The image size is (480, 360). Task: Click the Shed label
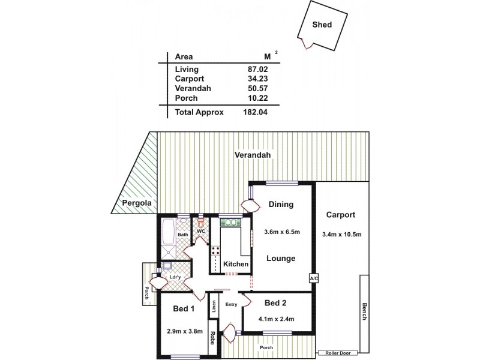[323, 25]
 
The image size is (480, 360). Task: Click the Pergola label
[136, 203]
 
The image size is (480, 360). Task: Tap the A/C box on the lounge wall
[313, 279]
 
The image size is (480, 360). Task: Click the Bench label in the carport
[364, 310]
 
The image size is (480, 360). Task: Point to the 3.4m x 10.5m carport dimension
[341, 234]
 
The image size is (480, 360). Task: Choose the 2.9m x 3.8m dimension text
[184, 331]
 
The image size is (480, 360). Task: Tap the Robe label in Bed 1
[212, 340]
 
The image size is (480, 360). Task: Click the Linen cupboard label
[213, 306]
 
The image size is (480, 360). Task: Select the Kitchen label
[235, 264]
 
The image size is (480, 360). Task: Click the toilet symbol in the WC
[201, 221]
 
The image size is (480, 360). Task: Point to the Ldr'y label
[175, 277]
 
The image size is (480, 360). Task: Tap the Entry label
[232, 304]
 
